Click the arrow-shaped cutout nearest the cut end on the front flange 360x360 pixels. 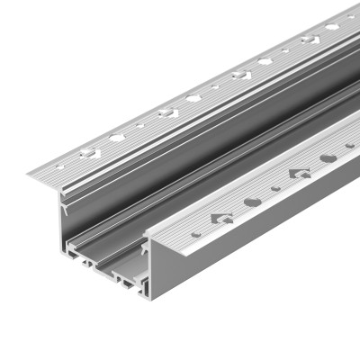[x=221, y=218]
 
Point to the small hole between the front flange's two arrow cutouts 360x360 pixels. [x=275, y=187]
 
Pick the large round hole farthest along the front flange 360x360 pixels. [x=328, y=157]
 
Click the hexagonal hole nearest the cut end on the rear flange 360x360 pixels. [x=118, y=138]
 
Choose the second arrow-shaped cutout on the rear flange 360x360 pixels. [x=166, y=113]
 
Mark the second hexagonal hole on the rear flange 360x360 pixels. [x=193, y=98]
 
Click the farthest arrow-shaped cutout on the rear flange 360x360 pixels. [x=310, y=40]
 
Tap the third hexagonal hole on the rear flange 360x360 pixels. [x=265, y=62]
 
